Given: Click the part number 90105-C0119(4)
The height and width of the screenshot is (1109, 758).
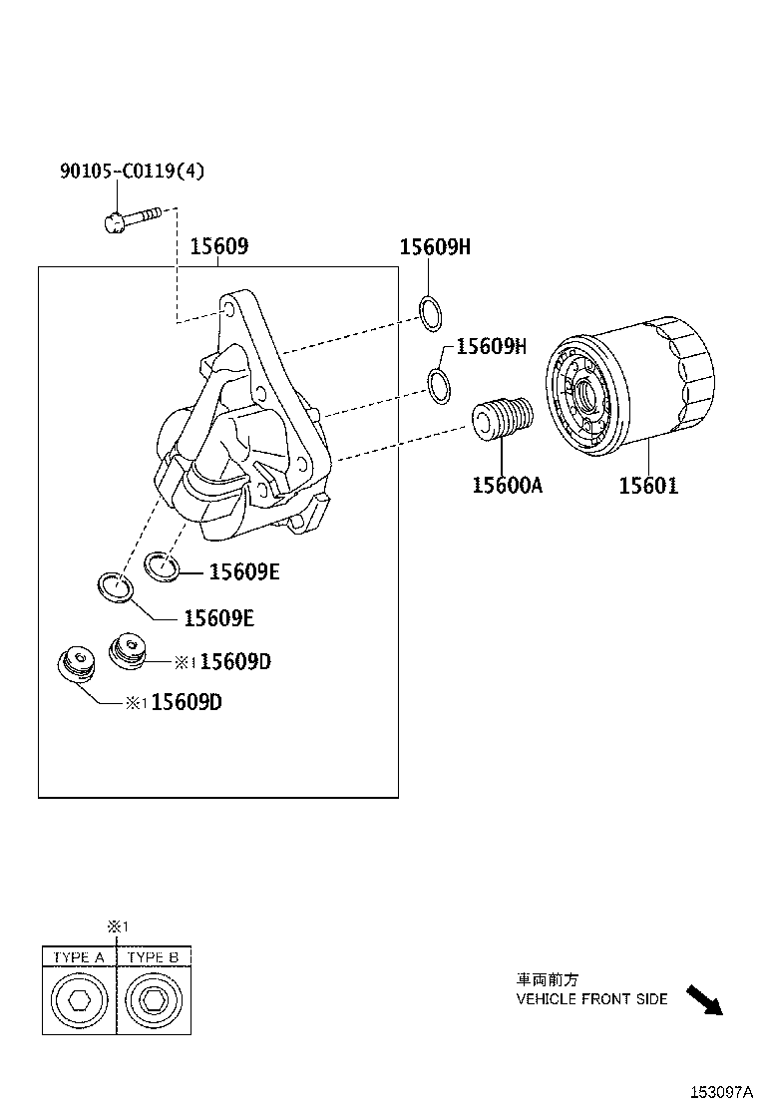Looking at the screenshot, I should [x=132, y=172].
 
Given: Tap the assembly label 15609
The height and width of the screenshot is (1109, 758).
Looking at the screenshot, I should [x=218, y=246].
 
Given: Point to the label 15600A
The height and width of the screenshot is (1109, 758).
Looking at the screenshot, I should [x=507, y=486].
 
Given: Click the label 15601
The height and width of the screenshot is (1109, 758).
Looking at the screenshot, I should [x=647, y=486].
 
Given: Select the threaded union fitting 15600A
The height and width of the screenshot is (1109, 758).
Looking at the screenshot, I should [x=503, y=419].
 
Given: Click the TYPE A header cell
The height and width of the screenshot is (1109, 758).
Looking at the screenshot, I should [x=79, y=957].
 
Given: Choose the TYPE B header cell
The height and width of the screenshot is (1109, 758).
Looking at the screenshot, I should [x=154, y=957].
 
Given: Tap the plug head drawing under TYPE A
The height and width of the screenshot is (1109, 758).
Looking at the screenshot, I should [x=79, y=1000].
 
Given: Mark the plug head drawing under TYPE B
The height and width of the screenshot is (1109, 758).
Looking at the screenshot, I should [x=154, y=1000].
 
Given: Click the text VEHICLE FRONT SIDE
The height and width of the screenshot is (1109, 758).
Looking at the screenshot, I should [x=591, y=998].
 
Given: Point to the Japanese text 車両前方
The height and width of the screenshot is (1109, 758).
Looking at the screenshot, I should [x=547, y=980].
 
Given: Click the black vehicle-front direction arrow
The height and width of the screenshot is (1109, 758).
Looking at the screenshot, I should [x=703, y=999].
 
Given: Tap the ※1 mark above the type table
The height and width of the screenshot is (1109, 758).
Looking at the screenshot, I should [x=118, y=926].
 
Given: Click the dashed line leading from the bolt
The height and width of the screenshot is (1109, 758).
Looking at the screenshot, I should [x=178, y=269].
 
